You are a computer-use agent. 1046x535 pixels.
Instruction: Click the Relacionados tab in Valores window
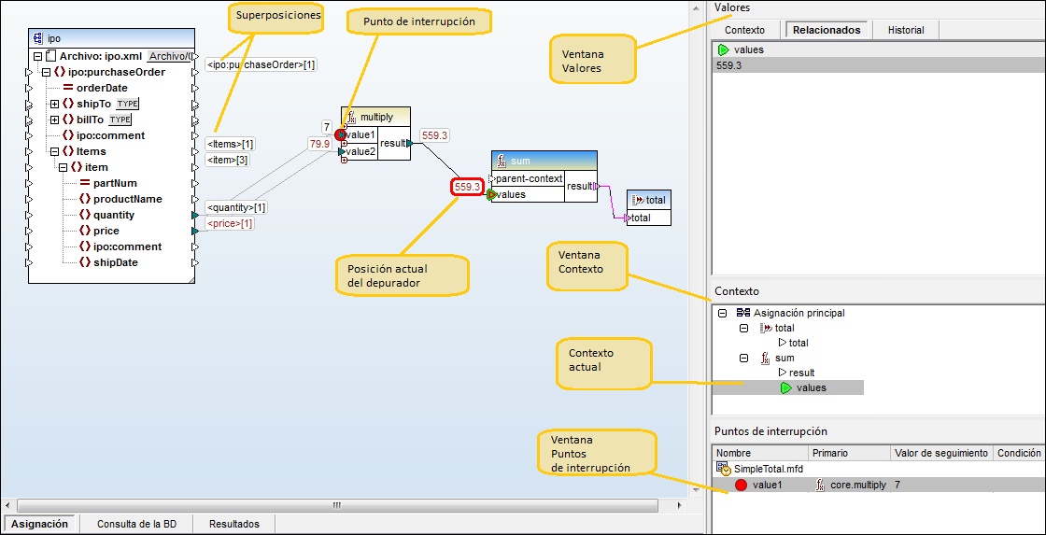(827, 30)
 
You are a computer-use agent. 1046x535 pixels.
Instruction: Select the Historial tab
(905, 30)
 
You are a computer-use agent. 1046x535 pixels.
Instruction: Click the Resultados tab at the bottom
(233, 524)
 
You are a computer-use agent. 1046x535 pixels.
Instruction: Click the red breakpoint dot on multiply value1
(341, 135)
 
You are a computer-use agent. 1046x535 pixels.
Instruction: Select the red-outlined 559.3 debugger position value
(467, 188)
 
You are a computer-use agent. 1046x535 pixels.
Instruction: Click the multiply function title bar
(377, 117)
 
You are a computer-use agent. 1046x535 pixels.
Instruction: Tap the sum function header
(544, 161)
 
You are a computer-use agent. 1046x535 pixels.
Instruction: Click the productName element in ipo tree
(127, 199)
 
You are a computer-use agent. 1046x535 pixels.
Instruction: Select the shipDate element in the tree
(116, 262)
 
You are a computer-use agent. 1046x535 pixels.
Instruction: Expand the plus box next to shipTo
(54, 104)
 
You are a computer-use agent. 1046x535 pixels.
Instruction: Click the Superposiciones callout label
(277, 15)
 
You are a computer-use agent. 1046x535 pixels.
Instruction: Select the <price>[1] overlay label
(229, 224)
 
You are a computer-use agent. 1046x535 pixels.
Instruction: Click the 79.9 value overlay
(319, 144)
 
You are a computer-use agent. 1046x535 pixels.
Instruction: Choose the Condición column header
(1018, 453)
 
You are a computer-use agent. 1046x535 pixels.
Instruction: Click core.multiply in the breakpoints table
(857, 486)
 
